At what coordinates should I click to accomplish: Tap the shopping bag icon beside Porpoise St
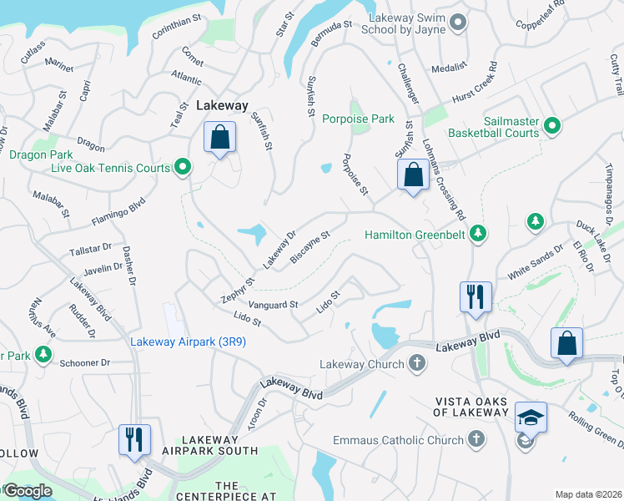pos(412,175)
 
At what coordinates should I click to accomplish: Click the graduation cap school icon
pos(531,416)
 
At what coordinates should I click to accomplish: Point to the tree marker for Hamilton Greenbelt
pos(478,235)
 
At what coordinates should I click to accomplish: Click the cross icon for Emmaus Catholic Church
pos(476,439)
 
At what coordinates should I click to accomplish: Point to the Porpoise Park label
pos(359,119)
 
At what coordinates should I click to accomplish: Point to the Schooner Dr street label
pos(85,363)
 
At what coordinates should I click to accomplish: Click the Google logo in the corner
pos(28,491)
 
